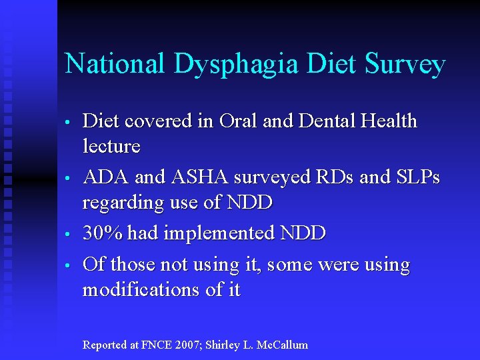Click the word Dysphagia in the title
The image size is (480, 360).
[x=235, y=65]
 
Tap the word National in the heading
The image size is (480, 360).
[x=115, y=64]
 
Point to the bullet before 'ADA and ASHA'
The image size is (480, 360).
[x=68, y=179]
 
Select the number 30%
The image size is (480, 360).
[x=103, y=233]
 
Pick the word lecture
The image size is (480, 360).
[x=111, y=146]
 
